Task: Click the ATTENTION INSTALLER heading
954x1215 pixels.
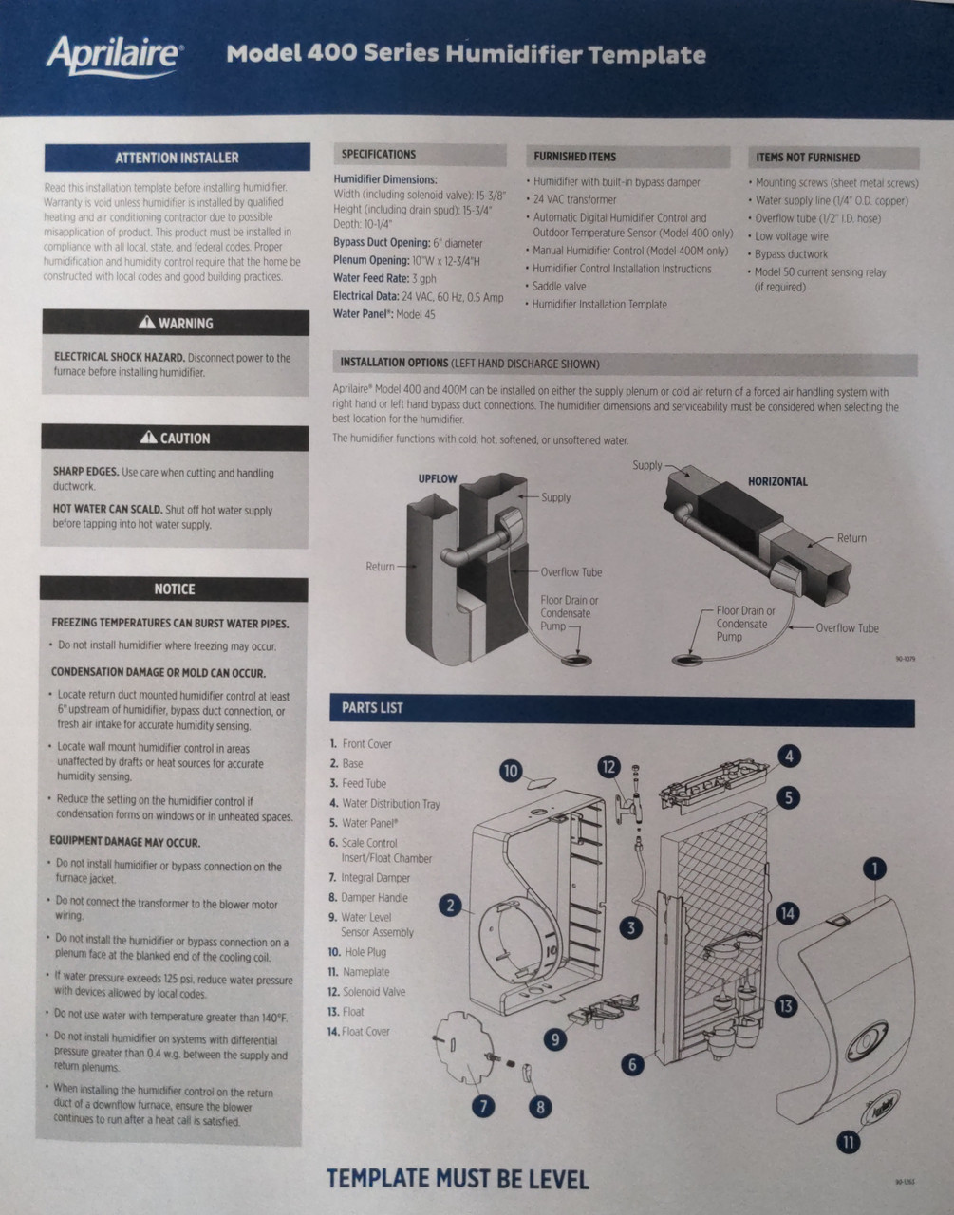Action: pyautogui.click(x=177, y=158)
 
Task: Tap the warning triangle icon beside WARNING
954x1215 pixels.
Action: pyautogui.click(x=146, y=323)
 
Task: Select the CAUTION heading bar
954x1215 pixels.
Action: pyautogui.click(x=175, y=438)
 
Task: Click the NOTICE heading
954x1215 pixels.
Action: pyautogui.click(x=174, y=589)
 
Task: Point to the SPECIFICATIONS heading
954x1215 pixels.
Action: pyautogui.click(x=379, y=154)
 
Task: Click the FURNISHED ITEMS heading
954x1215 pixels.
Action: pyautogui.click(x=574, y=157)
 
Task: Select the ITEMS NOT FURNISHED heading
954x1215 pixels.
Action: pyautogui.click(x=808, y=158)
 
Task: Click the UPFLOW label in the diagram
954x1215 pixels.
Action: pyautogui.click(x=438, y=478)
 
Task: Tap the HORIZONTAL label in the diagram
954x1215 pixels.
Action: pyautogui.click(x=777, y=481)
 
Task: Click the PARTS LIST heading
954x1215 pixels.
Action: pyautogui.click(x=372, y=708)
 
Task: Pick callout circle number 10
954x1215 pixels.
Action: pyautogui.click(x=511, y=771)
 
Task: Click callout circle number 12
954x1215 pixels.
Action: pyautogui.click(x=608, y=767)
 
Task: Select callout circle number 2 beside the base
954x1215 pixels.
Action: pyautogui.click(x=451, y=906)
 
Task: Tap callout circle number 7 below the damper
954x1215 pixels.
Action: pyautogui.click(x=482, y=1106)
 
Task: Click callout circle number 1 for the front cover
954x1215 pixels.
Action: pyautogui.click(x=873, y=868)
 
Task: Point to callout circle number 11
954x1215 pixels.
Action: pyautogui.click(x=847, y=1141)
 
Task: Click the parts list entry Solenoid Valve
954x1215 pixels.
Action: pyautogui.click(x=373, y=992)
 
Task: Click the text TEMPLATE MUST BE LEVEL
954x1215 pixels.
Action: pyautogui.click(x=458, y=1179)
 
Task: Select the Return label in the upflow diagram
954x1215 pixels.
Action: pyautogui.click(x=380, y=567)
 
